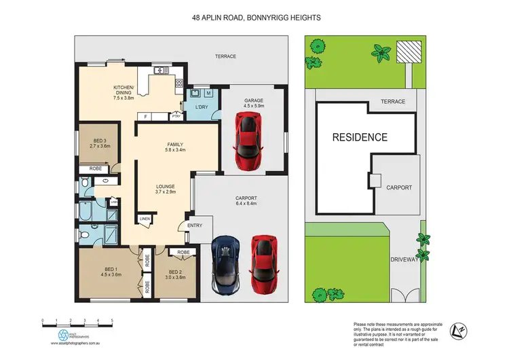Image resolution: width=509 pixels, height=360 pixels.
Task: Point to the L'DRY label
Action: pos(201,109)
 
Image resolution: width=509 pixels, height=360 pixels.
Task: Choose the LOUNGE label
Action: pos(165,186)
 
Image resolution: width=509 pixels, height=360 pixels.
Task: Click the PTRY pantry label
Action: pos(176,116)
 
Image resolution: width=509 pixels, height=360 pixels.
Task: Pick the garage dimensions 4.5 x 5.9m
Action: pos(254,106)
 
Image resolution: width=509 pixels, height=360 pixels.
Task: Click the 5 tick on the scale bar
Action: pos(112,319)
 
